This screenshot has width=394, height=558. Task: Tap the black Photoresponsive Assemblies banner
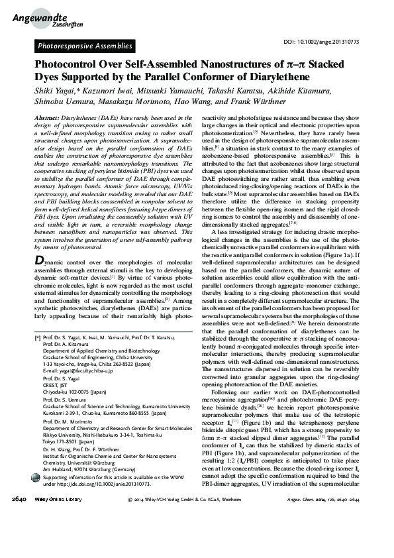(x=84, y=46)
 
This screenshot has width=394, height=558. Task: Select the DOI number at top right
(x=330, y=42)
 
